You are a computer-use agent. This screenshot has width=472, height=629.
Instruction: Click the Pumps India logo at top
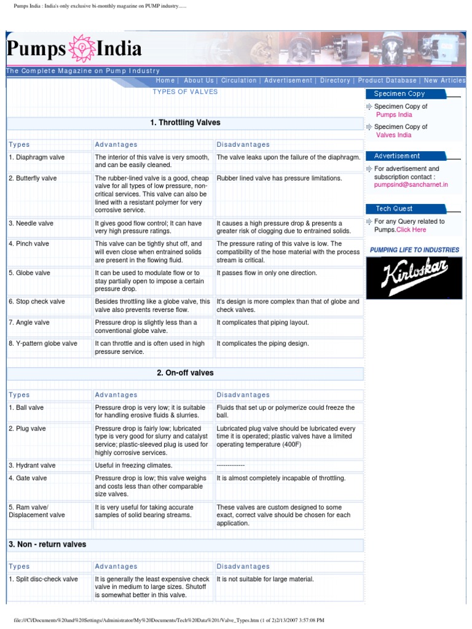(x=74, y=49)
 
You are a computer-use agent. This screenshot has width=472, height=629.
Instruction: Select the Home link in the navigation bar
(x=165, y=80)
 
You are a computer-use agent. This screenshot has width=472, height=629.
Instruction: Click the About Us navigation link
(x=199, y=80)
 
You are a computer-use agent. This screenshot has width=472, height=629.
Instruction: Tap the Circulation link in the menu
(x=239, y=80)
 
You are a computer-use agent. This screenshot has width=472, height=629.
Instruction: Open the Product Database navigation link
(x=387, y=80)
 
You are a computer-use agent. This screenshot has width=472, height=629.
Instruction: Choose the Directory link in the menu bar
(x=335, y=80)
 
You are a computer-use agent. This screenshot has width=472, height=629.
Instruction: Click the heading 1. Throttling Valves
(x=185, y=123)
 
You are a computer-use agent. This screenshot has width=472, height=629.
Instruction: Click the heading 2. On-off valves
(x=185, y=373)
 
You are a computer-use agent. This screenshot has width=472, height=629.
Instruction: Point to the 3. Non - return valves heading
(x=47, y=544)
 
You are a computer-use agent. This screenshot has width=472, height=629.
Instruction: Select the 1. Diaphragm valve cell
(x=36, y=158)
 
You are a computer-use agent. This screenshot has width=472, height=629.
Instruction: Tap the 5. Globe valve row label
(x=31, y=273)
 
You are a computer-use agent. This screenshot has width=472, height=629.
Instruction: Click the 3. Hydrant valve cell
(x=32, y=466)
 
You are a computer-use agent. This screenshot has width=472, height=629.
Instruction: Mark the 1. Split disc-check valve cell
(x=43, y=579)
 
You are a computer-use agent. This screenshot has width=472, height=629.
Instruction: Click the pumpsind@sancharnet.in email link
(x=411, y=184)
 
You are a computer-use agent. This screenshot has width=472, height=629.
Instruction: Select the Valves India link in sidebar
(x=393, y=135)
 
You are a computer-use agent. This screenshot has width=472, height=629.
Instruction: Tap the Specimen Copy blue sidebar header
(x=399, y=94)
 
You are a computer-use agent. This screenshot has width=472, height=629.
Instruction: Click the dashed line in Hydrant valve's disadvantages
(x=230, y=466)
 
